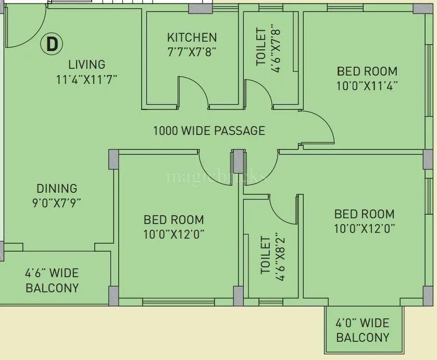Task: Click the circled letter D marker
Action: coord(52,44)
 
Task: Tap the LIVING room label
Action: coord(86,65)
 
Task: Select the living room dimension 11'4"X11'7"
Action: coord(86,80)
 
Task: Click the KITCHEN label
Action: coord(192,38)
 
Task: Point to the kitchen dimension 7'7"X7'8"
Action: coord(192,52)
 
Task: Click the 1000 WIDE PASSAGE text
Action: coord(209,131)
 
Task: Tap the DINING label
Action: coord(57,189)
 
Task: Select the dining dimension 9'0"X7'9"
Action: coord(57,202)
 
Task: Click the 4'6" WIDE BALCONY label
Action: coord(52,280)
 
